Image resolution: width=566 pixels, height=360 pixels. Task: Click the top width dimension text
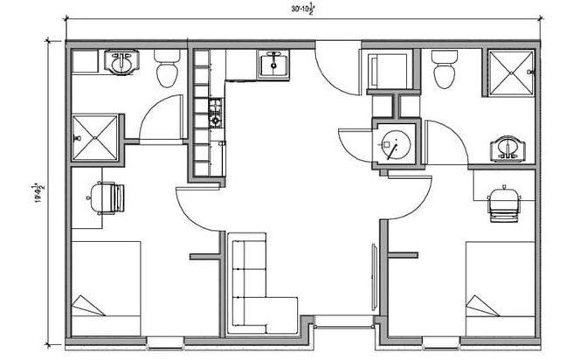303,10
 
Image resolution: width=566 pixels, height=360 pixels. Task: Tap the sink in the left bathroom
120,63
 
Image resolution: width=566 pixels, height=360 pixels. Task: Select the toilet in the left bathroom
167,67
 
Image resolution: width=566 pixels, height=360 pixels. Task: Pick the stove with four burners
216,112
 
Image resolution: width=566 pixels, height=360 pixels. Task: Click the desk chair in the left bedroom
107,197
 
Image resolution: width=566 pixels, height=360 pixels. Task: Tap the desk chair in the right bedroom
504,204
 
